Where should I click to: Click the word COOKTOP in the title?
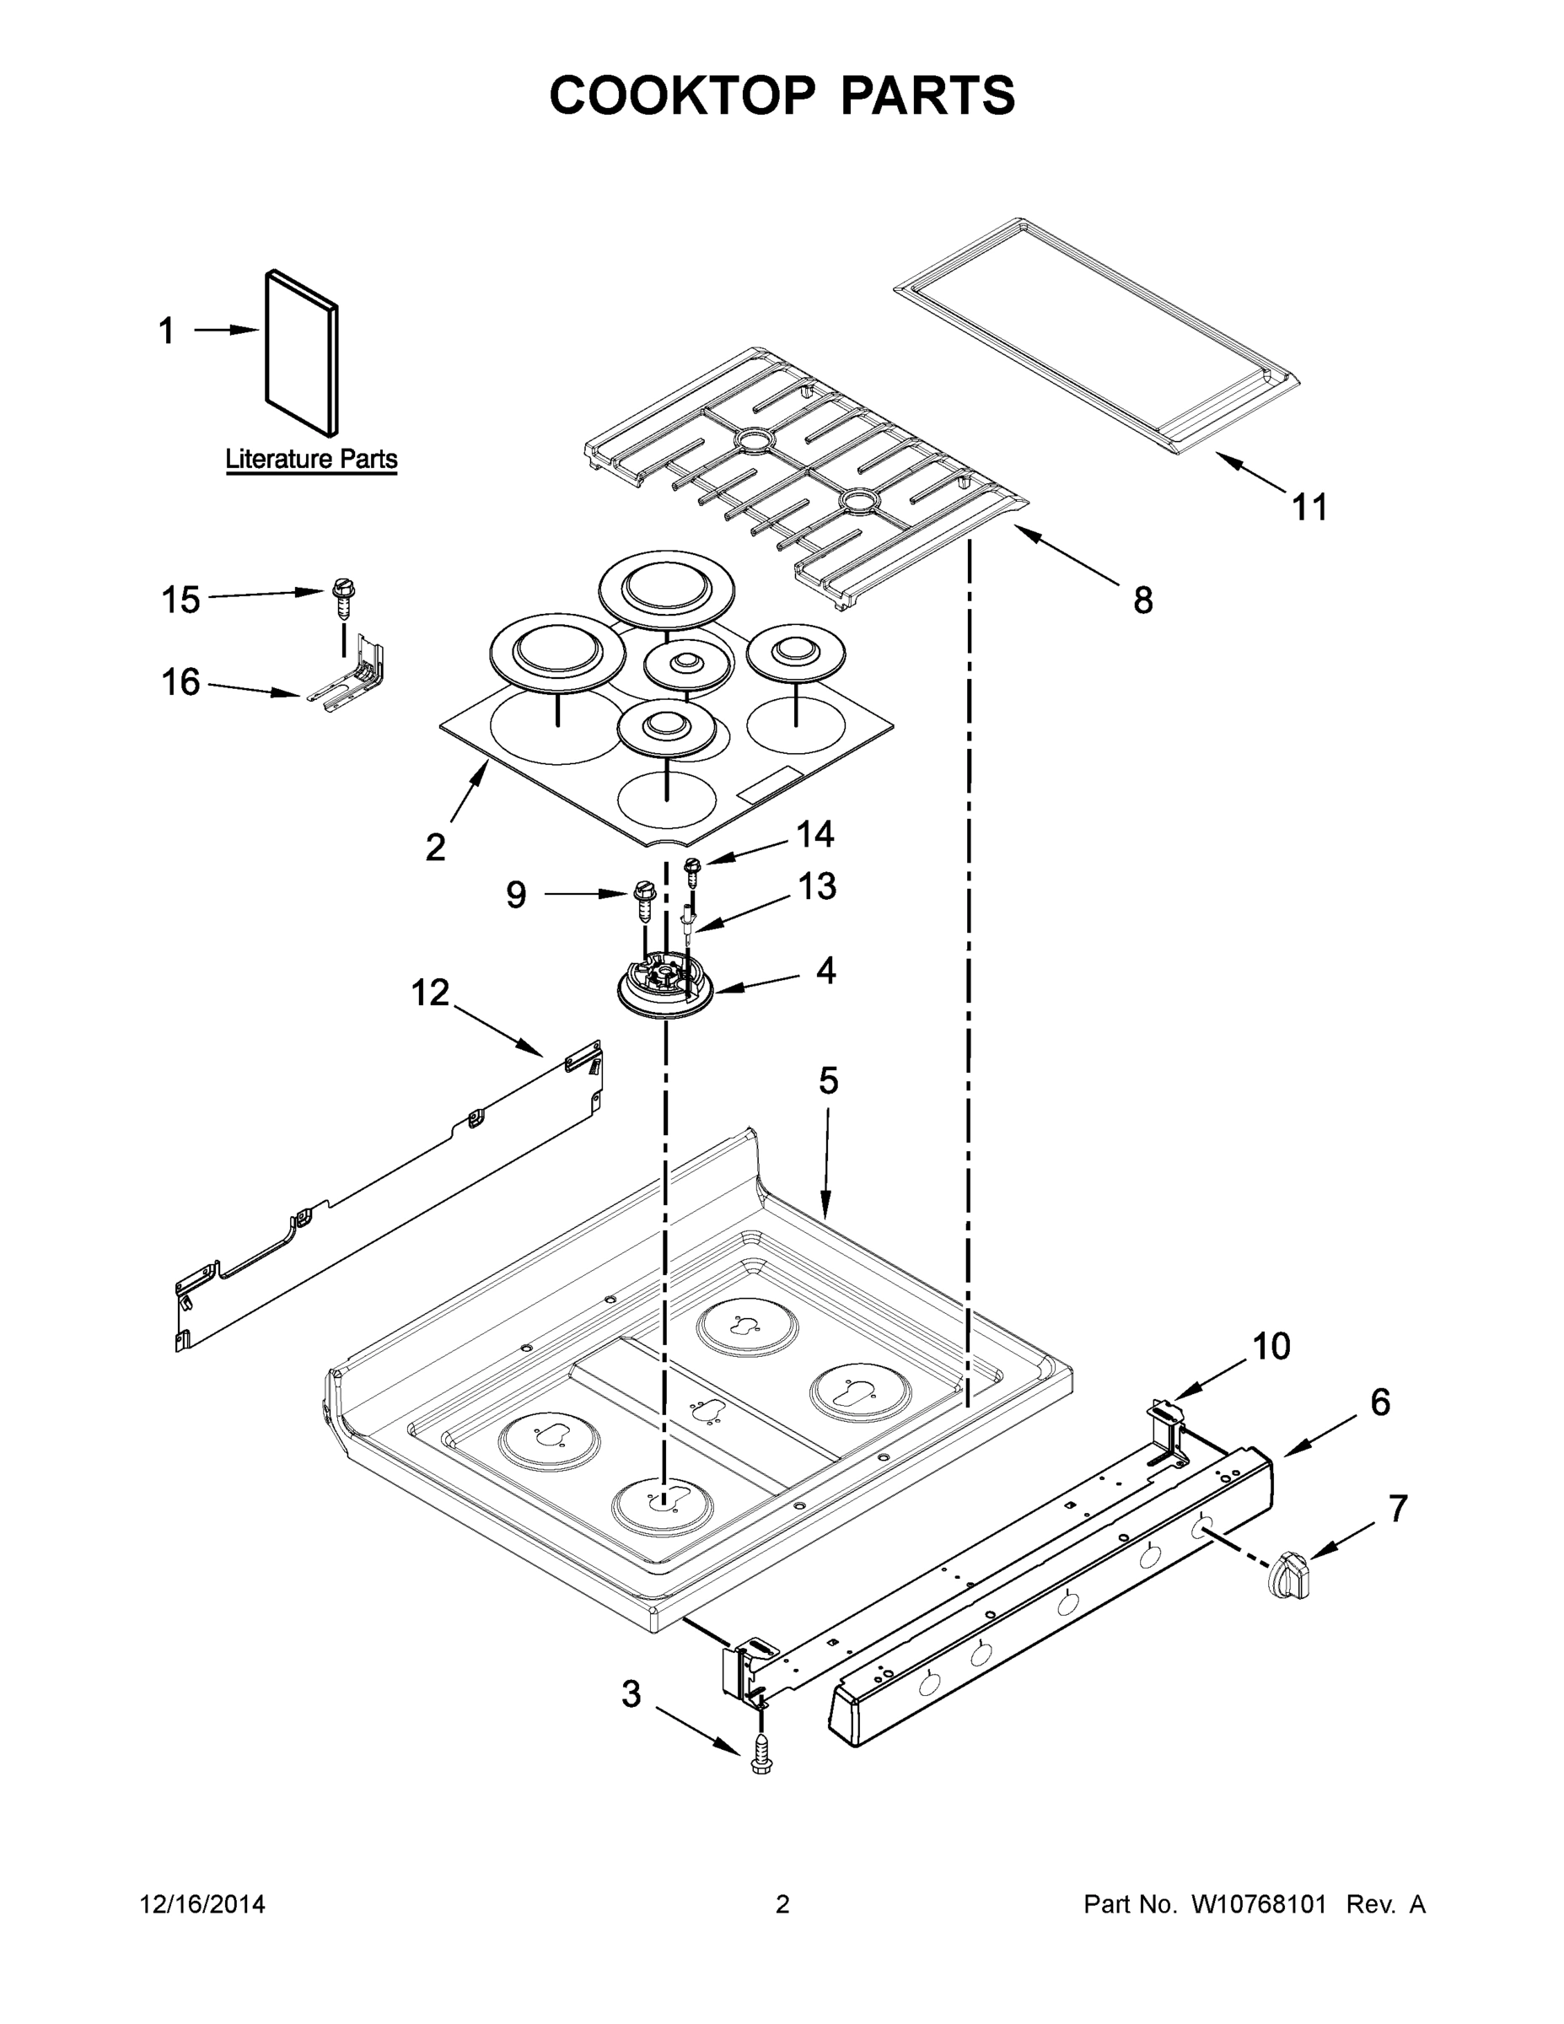[683, 95]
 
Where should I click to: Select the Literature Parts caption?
[311, 459]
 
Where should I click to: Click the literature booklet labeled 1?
[302, 353]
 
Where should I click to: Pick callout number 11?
[1310, 508]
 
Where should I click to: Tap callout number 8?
[1143, 600]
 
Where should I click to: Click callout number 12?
[430, 993]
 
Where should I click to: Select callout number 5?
[828, 1080]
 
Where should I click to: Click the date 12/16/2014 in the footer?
[202, 1904]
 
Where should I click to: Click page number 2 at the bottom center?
[782, 1904]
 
